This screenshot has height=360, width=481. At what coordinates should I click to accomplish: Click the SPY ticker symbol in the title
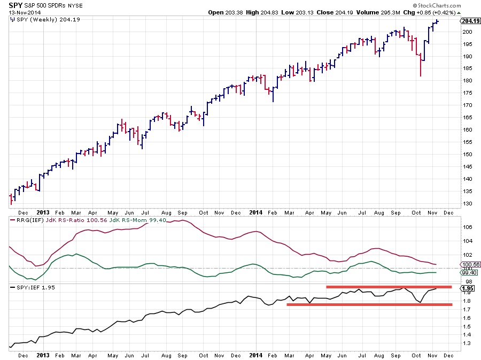(15, 5)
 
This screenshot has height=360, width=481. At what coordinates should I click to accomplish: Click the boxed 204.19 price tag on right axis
(470, 21)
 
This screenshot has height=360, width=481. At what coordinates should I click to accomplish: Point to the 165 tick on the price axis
(466, 117)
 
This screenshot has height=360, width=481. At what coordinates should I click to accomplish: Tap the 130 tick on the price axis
(466, 203)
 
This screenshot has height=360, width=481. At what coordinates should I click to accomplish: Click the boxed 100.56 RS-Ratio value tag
(470, 264)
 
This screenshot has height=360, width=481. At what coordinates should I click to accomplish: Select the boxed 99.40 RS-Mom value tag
(470, 272)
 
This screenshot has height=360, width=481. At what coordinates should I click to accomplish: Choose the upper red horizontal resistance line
(389, 287)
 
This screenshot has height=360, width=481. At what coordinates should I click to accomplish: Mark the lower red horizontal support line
(369, 304)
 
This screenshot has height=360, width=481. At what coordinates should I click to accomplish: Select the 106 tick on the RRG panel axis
(466, 227)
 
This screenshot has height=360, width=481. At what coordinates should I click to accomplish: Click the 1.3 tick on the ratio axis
(466, 343)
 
